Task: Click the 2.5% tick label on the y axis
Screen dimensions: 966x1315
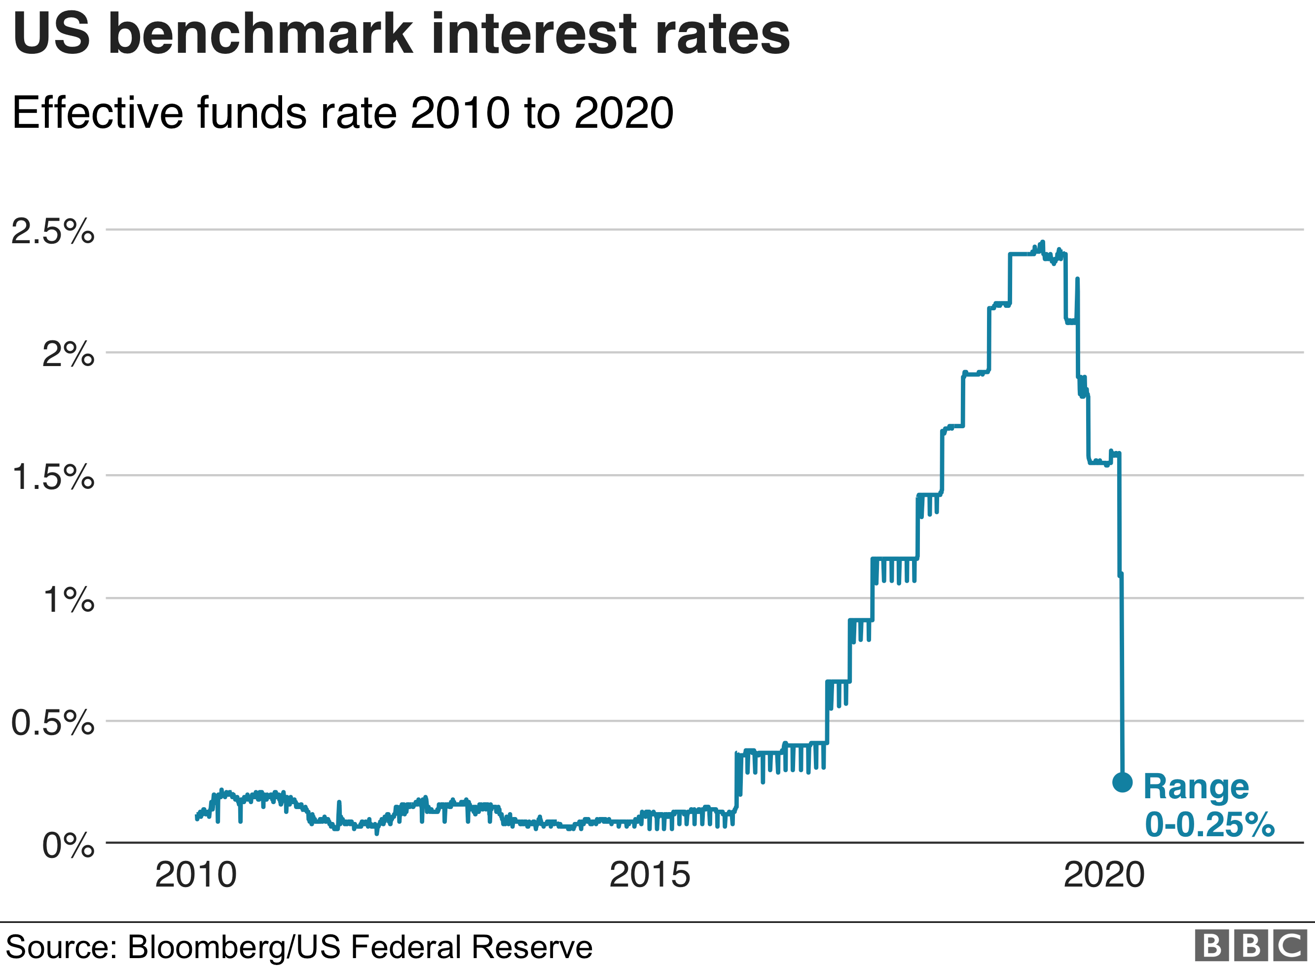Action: (53, 231)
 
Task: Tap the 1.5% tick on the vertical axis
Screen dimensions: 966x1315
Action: (53, 477)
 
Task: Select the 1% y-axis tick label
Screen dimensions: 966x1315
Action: (69, 600)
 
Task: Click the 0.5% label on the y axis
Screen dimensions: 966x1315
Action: (53, 723)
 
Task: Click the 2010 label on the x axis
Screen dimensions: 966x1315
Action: (196, 875)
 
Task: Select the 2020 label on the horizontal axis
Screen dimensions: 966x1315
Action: (1103, 875)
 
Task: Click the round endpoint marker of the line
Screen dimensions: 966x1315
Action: (1122, 782)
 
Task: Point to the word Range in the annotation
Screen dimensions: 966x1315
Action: (1196, 787)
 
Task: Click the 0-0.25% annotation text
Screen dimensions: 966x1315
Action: (1208, 825)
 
